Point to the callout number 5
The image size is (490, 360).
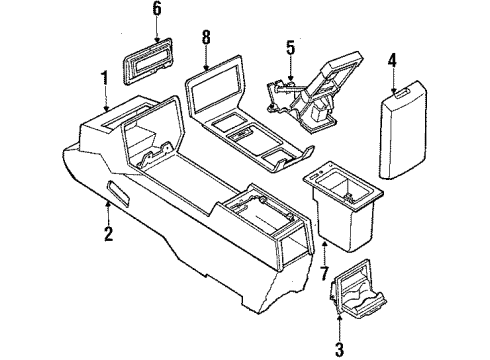[x=290, y=47]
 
